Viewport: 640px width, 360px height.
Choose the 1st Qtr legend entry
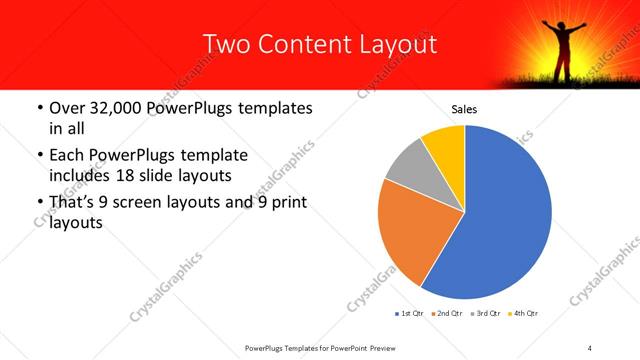point(411,314)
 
